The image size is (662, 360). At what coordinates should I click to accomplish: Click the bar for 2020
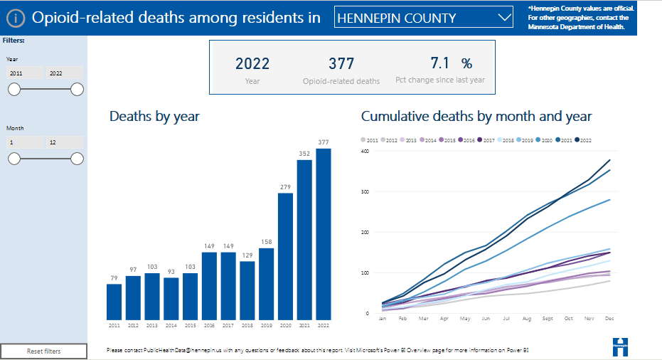pyautogui.click(x=285, y=256)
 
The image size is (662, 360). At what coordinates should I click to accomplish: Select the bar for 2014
pyautogui.click(x=171, y=298)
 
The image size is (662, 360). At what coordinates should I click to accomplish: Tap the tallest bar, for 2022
pyautogui.click(x=324, y=234)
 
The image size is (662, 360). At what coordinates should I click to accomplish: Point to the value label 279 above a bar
pyautogui.click(x=285, y=187)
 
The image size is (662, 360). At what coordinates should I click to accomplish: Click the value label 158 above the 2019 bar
pyautogui.click(x=266, y=241)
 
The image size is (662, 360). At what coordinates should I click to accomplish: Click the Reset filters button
pyautogui.click(x=44, y=351)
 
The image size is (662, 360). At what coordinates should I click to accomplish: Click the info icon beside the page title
pyautogui.click(x=16, y=18)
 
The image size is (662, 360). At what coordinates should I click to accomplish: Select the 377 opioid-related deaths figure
pyautogui.click(x=341, y=63)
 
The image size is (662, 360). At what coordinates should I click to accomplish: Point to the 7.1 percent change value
pyautogui.click(x=441, y=63)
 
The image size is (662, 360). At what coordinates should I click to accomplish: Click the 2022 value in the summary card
pyautogui.click(x=252, y=63)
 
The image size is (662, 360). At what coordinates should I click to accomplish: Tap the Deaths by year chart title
pyautogui.click(x=154, y=116)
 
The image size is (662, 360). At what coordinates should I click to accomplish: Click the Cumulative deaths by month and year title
pyautogui.click(x=476, y=116)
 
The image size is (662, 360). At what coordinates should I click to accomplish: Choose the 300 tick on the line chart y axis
pyautogui.click(x=365, y=191)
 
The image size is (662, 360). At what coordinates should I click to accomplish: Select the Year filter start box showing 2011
pyautogui.click(x=24, y=73)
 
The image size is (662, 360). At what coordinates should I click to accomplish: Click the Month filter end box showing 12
pyautogui.click(x=64, y=142)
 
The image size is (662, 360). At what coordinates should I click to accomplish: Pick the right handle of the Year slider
pyautogui.click(x=77, y=89)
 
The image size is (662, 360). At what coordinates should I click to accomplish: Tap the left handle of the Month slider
pyautogui.click(x=14, y=158)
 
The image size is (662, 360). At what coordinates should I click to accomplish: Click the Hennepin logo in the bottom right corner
pyautogui.click(x=620, y=346)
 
